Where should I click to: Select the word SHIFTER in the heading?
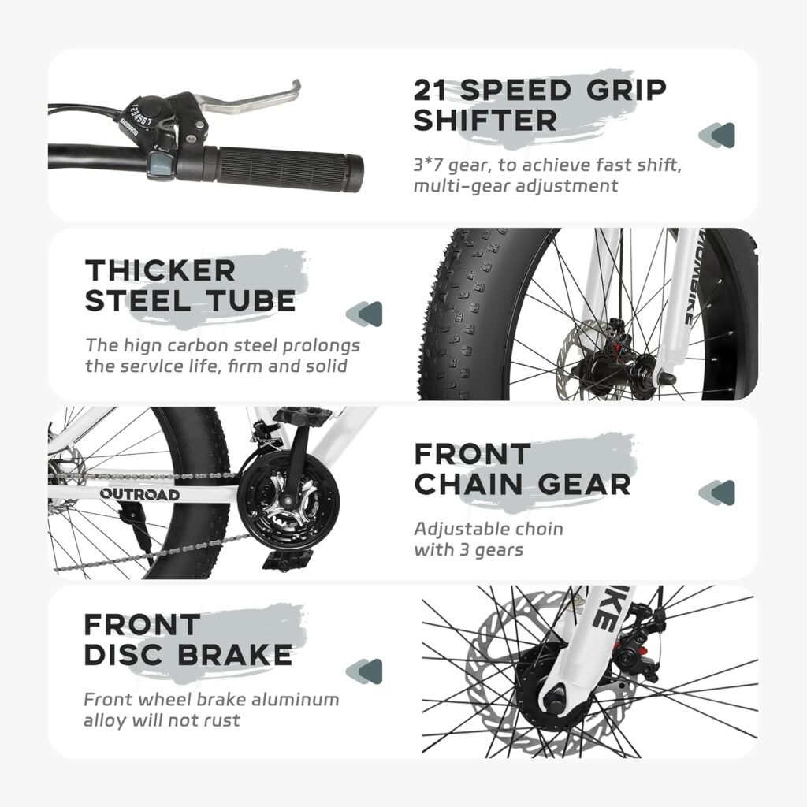(485, 121)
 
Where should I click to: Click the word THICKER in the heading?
(160, 270)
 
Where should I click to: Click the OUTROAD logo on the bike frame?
(139, 494)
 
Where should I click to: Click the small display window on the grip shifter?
(157, 164)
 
